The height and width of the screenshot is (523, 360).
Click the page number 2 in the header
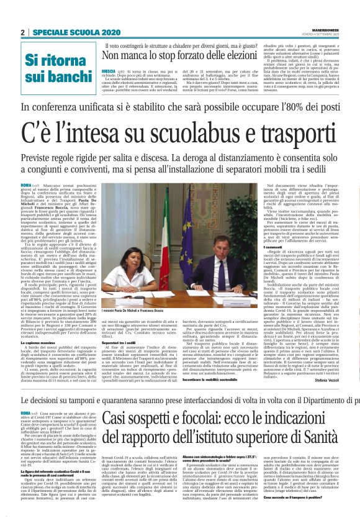23,32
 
